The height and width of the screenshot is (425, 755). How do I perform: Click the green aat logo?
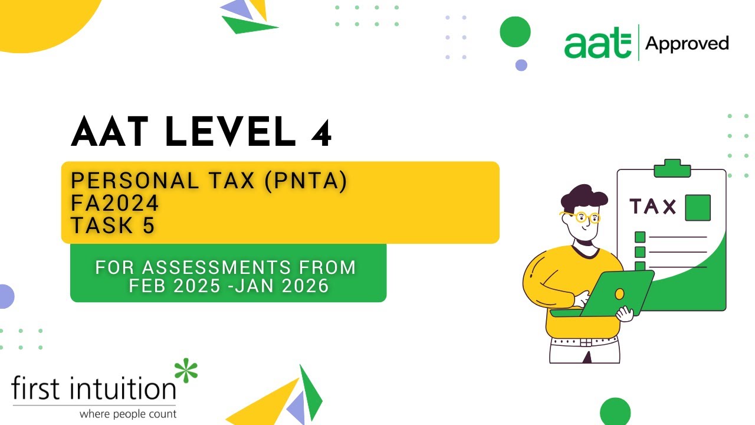(x=597, y=44)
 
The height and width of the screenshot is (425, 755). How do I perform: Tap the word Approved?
(x=687, y=44)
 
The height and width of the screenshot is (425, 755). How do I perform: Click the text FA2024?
(x=115, y=204)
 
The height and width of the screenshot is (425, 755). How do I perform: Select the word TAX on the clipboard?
(x=653, y=207)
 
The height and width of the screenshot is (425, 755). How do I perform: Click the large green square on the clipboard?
(x=697, y=207)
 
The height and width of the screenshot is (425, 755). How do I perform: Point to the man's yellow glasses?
(x=581, y=217)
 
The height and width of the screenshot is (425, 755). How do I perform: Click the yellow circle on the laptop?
(x=619, y=293)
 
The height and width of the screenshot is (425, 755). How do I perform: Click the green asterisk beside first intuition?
(x=186, y=371)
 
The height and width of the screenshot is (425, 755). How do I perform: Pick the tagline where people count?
(x=128, y=414)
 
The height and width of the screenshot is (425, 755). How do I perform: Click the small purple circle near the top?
(x=521, y=65)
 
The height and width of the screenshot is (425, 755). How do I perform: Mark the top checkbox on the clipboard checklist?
(x=640, y=237)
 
